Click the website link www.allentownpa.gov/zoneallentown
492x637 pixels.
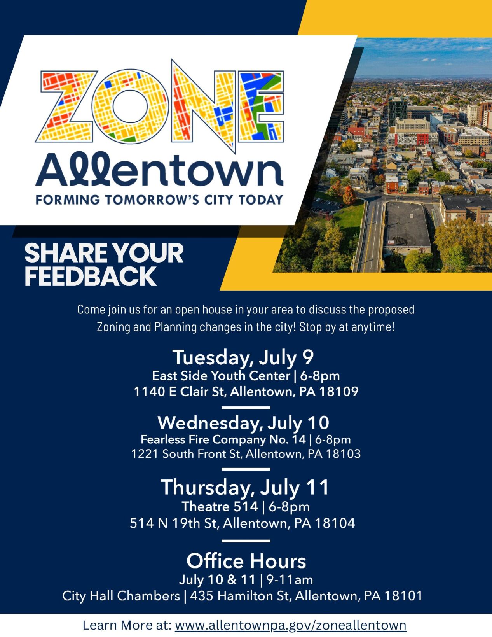pos(290,625)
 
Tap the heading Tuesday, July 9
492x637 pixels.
pos(243,357)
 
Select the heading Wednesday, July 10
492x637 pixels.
pos(243,422)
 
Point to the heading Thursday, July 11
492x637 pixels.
pos(245,487)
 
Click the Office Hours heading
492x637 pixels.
pos(246,561)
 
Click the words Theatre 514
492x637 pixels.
pos(220,506)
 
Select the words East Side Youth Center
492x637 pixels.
pos(221,376)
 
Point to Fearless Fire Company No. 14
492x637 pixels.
pos(223,439)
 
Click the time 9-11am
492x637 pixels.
pos(290,580)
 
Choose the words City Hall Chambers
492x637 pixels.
pos(121,596)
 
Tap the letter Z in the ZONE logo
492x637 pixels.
pos(67,106)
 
